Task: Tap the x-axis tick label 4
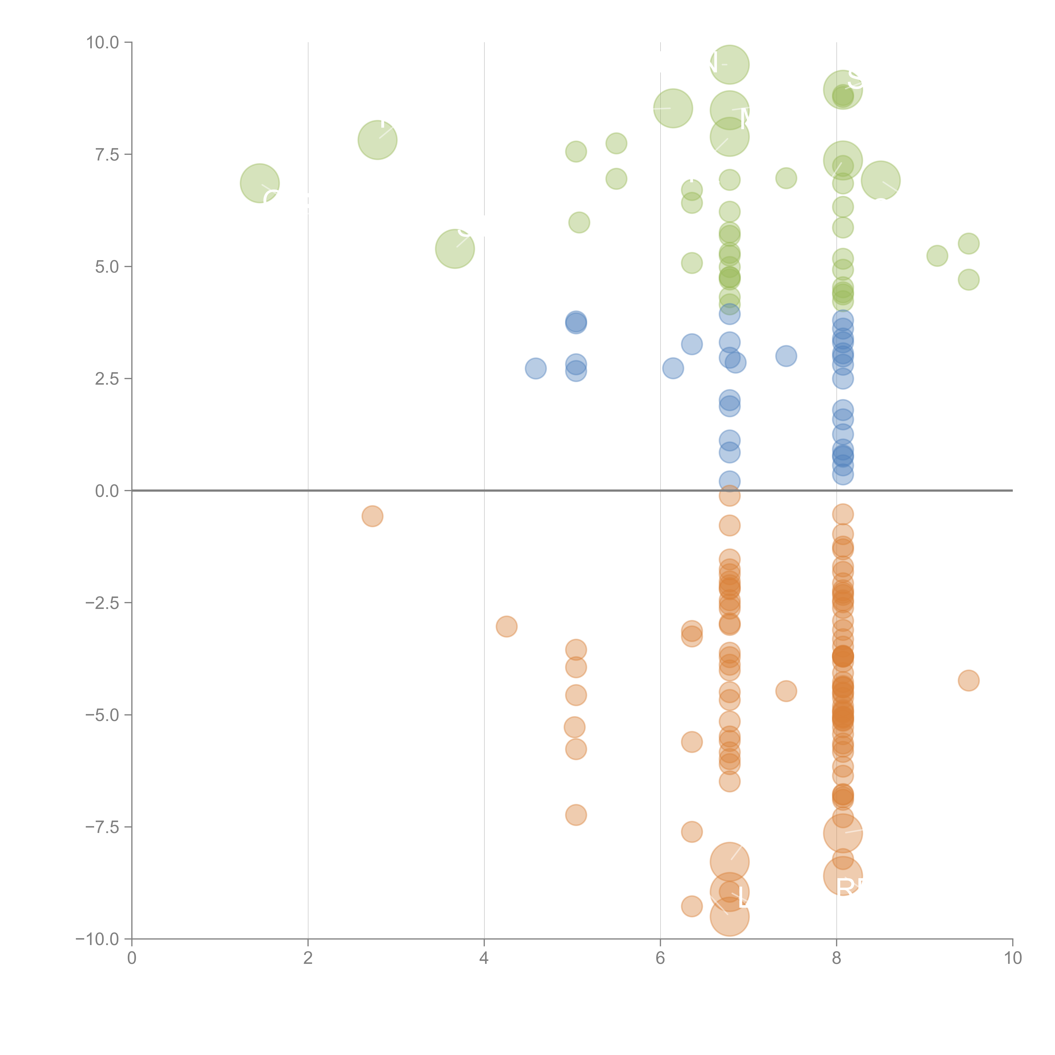point(484,958)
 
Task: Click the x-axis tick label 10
point(1012,958)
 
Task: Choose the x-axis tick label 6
point(660,958)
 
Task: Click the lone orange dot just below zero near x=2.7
point(372,516)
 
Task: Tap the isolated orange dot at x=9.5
point(968,680)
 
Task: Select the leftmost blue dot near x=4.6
point(536,369)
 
